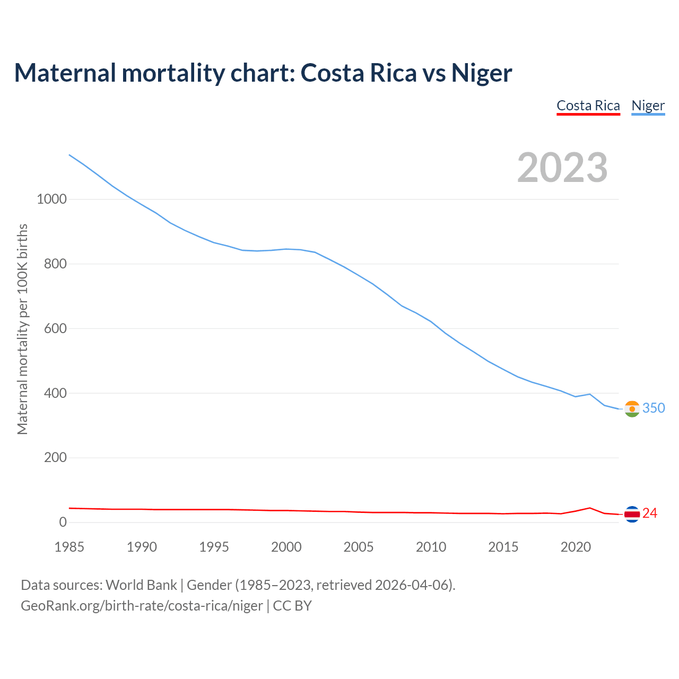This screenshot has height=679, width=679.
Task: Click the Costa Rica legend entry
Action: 588,106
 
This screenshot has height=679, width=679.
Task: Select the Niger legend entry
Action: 648,106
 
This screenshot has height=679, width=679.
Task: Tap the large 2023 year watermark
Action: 562,168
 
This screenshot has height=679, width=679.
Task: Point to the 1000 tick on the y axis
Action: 51,199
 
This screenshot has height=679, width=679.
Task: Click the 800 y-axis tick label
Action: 55,264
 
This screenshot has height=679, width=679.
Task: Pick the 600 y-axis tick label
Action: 55,329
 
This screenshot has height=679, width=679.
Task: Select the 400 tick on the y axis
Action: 55,394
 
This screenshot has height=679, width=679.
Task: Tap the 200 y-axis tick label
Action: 55,458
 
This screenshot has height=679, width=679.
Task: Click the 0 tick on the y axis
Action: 63,523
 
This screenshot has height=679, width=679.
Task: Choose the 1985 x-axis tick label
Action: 69,547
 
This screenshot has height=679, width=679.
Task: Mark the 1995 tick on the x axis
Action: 214,547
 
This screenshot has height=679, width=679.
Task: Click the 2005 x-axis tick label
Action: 359,547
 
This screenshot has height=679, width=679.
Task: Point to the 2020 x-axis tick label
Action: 576,547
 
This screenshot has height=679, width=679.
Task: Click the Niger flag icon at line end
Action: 632,408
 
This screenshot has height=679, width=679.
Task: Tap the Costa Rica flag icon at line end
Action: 632,513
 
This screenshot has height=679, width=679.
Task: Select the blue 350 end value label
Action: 654,408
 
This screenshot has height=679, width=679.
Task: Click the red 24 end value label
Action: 650,513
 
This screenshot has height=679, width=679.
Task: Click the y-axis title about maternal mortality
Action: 22,329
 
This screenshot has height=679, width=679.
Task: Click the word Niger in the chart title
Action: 482,73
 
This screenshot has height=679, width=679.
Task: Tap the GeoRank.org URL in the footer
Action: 142,606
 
